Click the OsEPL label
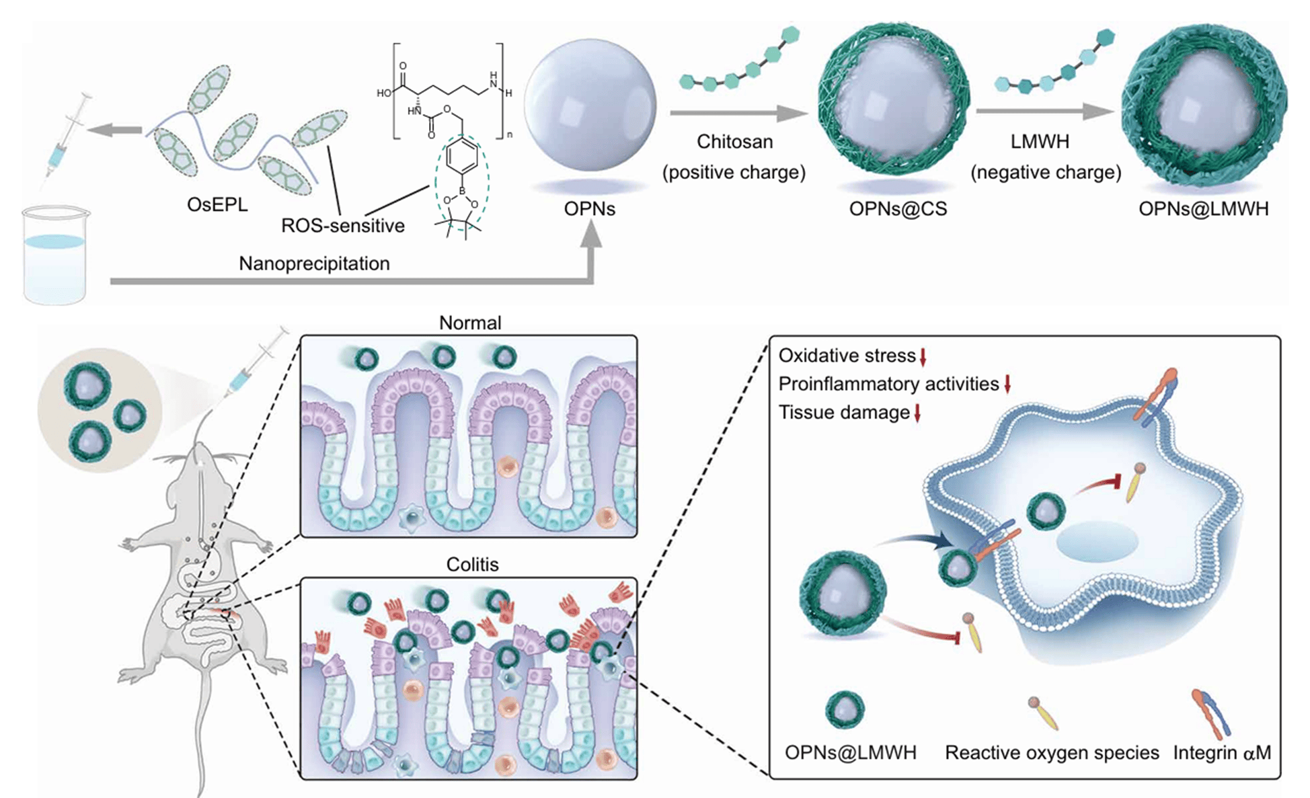[x=217, y=204]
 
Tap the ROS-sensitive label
[x=342, y=225]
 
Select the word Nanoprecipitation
[x=314, y=263]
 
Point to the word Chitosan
[x=734, y=142]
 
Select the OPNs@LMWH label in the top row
[x=1203, y=209]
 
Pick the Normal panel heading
[x=470, y=323]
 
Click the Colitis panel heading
[x=472, y=564]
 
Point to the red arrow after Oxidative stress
[x=923, y=357]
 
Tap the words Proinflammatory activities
[x=888, y=384]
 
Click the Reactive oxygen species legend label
[x=1051, y=752]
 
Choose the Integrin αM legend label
[x=1222, y=752]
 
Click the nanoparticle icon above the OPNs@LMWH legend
[x=845, y=710]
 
